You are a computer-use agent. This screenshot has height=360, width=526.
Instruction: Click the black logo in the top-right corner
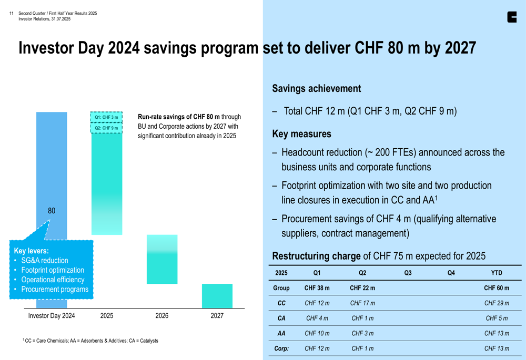click(512, 17)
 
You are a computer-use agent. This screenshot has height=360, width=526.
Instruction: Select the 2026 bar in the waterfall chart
click(162, 259)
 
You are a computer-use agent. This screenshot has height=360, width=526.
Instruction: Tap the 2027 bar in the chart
click(217, 296)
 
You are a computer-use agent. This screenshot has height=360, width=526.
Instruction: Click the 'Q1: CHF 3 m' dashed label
click(106, 117)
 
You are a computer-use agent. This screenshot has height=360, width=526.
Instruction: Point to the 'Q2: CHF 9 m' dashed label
click(106, 128)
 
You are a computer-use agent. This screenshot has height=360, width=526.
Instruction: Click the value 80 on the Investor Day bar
click(52, 211)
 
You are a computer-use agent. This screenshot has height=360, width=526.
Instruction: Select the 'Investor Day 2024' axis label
click(52, 316)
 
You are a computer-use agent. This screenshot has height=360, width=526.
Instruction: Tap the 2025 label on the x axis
click(107, 316)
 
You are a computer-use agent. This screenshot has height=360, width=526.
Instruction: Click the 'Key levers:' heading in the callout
click(31, 251)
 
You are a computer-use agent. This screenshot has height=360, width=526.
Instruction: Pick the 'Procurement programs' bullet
click(55, 290)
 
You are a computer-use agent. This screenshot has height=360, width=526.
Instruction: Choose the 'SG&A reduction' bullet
click(45, 261)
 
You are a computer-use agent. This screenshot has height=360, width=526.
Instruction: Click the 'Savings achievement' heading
click(317, 89)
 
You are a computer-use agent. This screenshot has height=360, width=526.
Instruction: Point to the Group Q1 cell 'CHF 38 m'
click(317, 288)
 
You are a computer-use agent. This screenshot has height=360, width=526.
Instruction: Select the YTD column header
click(497, 273)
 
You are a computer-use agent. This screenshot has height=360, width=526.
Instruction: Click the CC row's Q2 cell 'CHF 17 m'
click(362, 303)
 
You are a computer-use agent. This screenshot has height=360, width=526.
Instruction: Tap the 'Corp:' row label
click(281, 348)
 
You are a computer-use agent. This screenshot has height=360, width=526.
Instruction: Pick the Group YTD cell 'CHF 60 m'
click(497, 288)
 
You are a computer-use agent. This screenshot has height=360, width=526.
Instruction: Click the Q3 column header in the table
click(408, 273)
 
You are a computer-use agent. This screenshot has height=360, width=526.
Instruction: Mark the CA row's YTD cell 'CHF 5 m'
click(497, 318)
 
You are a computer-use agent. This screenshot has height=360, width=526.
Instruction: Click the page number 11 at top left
click(11, 14)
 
